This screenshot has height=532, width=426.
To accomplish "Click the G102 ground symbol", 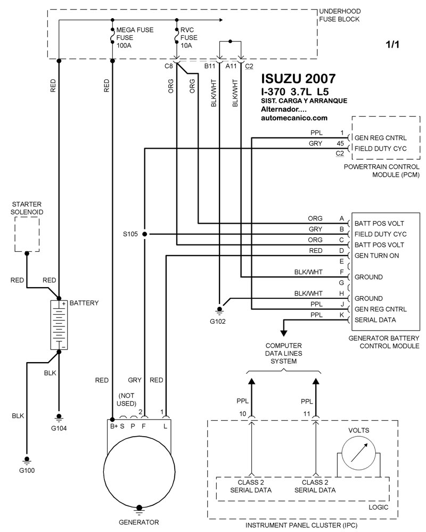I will pos(219,308).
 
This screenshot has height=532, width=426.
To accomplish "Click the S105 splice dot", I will pos(144,234).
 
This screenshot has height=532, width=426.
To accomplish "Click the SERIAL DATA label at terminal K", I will pos(372,320).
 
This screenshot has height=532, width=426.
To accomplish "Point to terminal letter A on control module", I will pos(341,218).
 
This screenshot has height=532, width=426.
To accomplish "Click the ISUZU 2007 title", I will pos(291,78).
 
